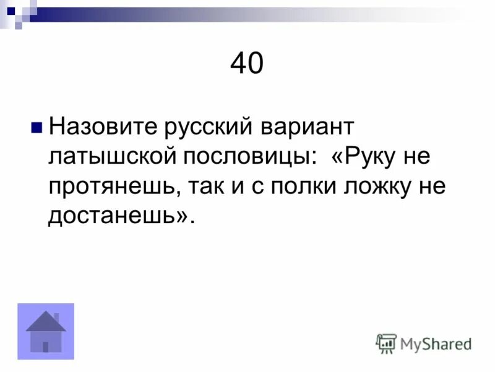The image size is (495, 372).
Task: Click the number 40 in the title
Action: [x=247, y=64]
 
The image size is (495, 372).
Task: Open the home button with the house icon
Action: [x=46, y=332]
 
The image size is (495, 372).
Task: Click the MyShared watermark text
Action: [x=436, y=343]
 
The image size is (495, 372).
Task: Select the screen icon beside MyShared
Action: [x=386, y=343]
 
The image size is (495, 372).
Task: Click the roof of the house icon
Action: [x=46, y=322]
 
